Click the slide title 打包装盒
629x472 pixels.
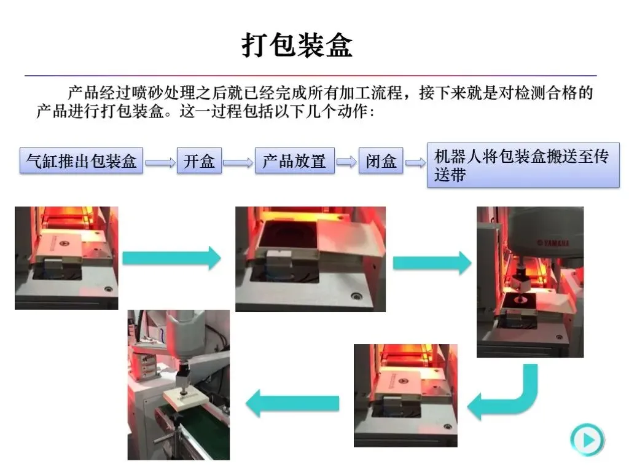[297, 46]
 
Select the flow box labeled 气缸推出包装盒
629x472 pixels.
[81, 162]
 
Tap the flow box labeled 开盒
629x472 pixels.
[199, 162]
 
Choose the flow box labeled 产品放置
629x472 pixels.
[294, 162]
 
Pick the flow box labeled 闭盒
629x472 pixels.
[381, 162]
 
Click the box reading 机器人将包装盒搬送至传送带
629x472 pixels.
[523, 165]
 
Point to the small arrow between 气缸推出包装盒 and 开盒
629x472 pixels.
[160, 163]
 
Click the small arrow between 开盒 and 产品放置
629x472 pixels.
[238, 163]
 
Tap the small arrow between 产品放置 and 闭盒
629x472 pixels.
[346, 162]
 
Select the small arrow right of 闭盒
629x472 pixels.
[415, 163]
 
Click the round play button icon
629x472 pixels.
[587, 439]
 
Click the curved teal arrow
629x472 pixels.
[504, 393]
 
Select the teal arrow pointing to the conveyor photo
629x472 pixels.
[292, 403]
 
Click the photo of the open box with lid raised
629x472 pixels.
[310, 259]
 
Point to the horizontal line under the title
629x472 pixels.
[310, 76]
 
